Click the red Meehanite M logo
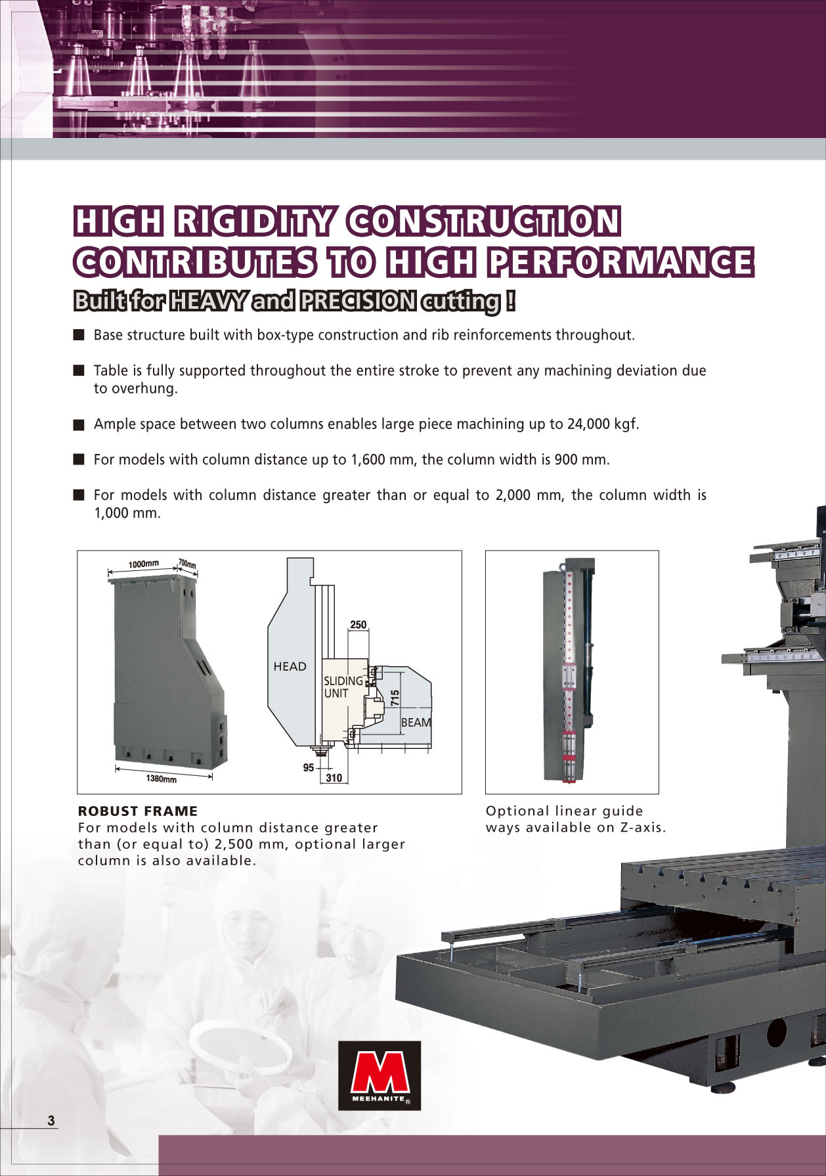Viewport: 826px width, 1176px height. coord(380,1075)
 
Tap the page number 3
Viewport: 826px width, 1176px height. coord(51,1121)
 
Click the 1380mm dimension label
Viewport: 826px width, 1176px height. coord(161,779)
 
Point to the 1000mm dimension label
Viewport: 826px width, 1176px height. coord(143,564)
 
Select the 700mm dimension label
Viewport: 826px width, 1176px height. coord(187,564)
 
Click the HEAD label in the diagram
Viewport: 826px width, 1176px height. coord(290,666)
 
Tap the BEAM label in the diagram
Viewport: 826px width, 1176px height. coord(416,722)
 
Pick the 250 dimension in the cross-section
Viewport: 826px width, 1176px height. coord(359,625)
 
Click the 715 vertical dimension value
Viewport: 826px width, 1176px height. coord(395,698)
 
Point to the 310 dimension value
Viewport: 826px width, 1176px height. coord(334,778)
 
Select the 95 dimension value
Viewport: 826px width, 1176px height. coord(309,767)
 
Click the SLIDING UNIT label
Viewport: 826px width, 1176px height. coord(343,687)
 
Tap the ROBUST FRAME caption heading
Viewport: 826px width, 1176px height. coord(138,811)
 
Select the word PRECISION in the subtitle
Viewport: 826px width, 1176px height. coord(358,302)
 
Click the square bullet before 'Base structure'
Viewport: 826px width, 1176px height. coord(79,335)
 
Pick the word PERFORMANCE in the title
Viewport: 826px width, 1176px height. coord(620,262)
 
